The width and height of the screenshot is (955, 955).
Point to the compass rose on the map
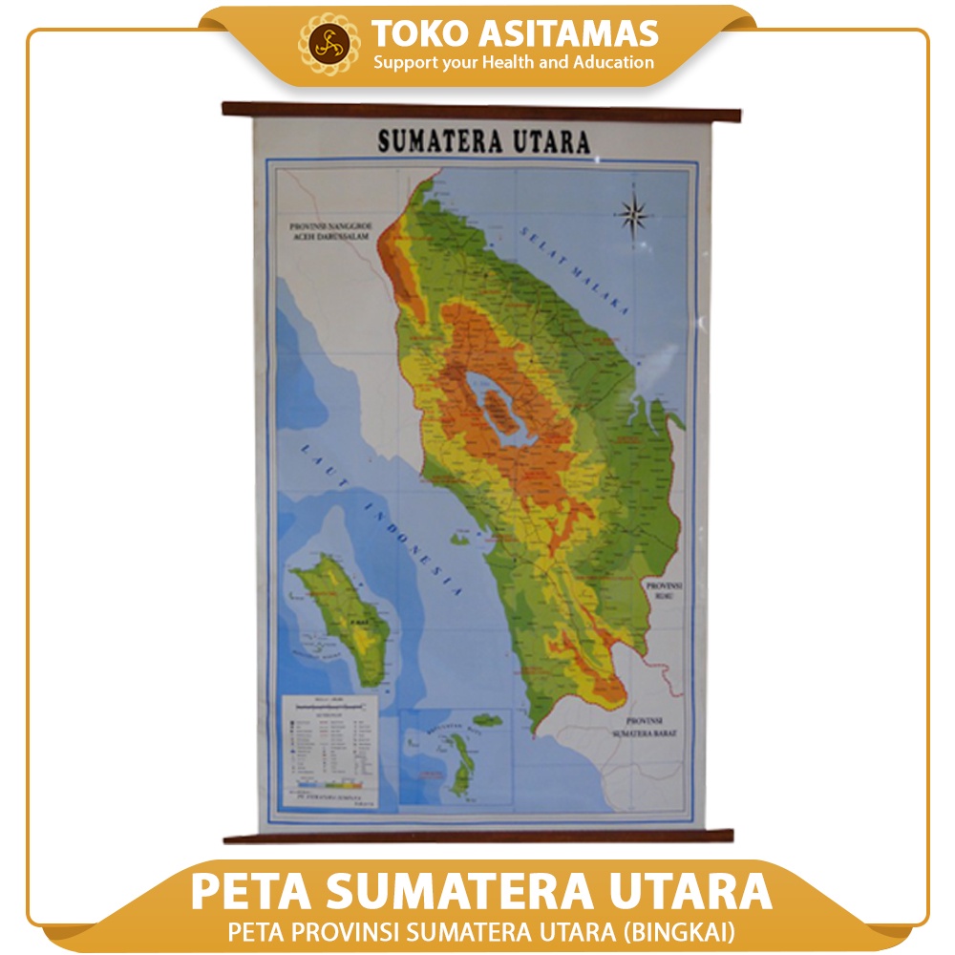(633, 214)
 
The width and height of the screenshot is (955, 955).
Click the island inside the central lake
(496, 410)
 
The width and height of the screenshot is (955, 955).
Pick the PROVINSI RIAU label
(663, 589)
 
